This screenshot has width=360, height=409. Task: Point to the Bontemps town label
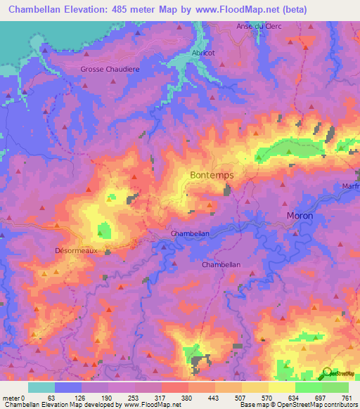tap(212, 174)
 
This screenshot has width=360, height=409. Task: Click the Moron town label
tap(300, 215)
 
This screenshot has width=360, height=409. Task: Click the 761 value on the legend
tap(347, 397)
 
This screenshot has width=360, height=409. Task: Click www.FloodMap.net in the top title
tap(237, 10)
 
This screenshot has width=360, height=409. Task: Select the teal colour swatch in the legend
tap(41, 387)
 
